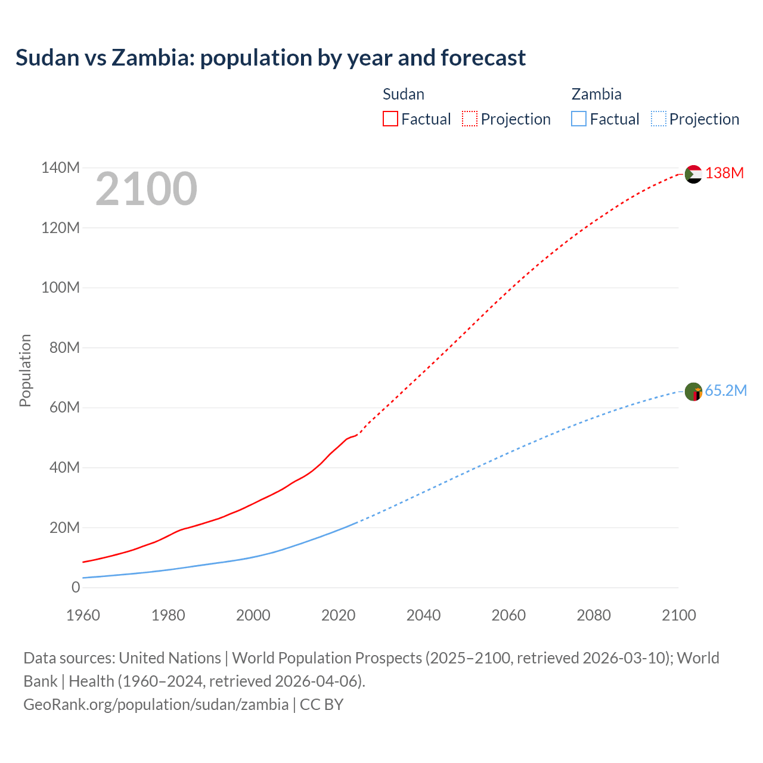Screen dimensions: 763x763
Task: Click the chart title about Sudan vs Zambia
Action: (x=271, y=58)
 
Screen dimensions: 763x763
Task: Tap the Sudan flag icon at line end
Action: (x=693, y=174)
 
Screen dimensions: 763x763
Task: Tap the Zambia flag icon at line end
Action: (x=693, y=392)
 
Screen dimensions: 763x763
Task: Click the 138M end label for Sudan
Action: (x=724, y=173)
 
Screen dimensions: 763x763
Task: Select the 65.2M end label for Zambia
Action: (x=725, y=390)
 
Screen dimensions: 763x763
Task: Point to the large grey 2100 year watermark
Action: (x=146, y=189)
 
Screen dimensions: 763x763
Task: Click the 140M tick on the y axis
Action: (x=60, y=168)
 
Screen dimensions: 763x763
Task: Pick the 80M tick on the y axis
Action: (x=64, y=348)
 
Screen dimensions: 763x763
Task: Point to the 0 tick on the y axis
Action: (x=75, y=587)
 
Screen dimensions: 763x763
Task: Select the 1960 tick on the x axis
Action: (x=83, y=615)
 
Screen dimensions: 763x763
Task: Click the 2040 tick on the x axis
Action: (x=423, y=615)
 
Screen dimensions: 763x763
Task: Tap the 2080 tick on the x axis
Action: (x=594, y=615)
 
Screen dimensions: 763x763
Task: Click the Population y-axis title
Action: (x=25, y=370)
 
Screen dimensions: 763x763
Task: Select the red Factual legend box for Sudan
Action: (x=390, y=119)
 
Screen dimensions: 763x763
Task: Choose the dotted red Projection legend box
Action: (x=470, y=119)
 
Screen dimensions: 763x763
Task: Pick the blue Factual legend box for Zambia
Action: (x=579, y=119)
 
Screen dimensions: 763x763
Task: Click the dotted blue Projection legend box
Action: (x=659, y=119)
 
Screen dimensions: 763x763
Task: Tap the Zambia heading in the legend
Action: (x=596, y=94)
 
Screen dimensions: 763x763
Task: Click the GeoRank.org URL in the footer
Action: (x=156, y=704)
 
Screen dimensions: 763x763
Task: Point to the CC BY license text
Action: (x=321, y=704)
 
